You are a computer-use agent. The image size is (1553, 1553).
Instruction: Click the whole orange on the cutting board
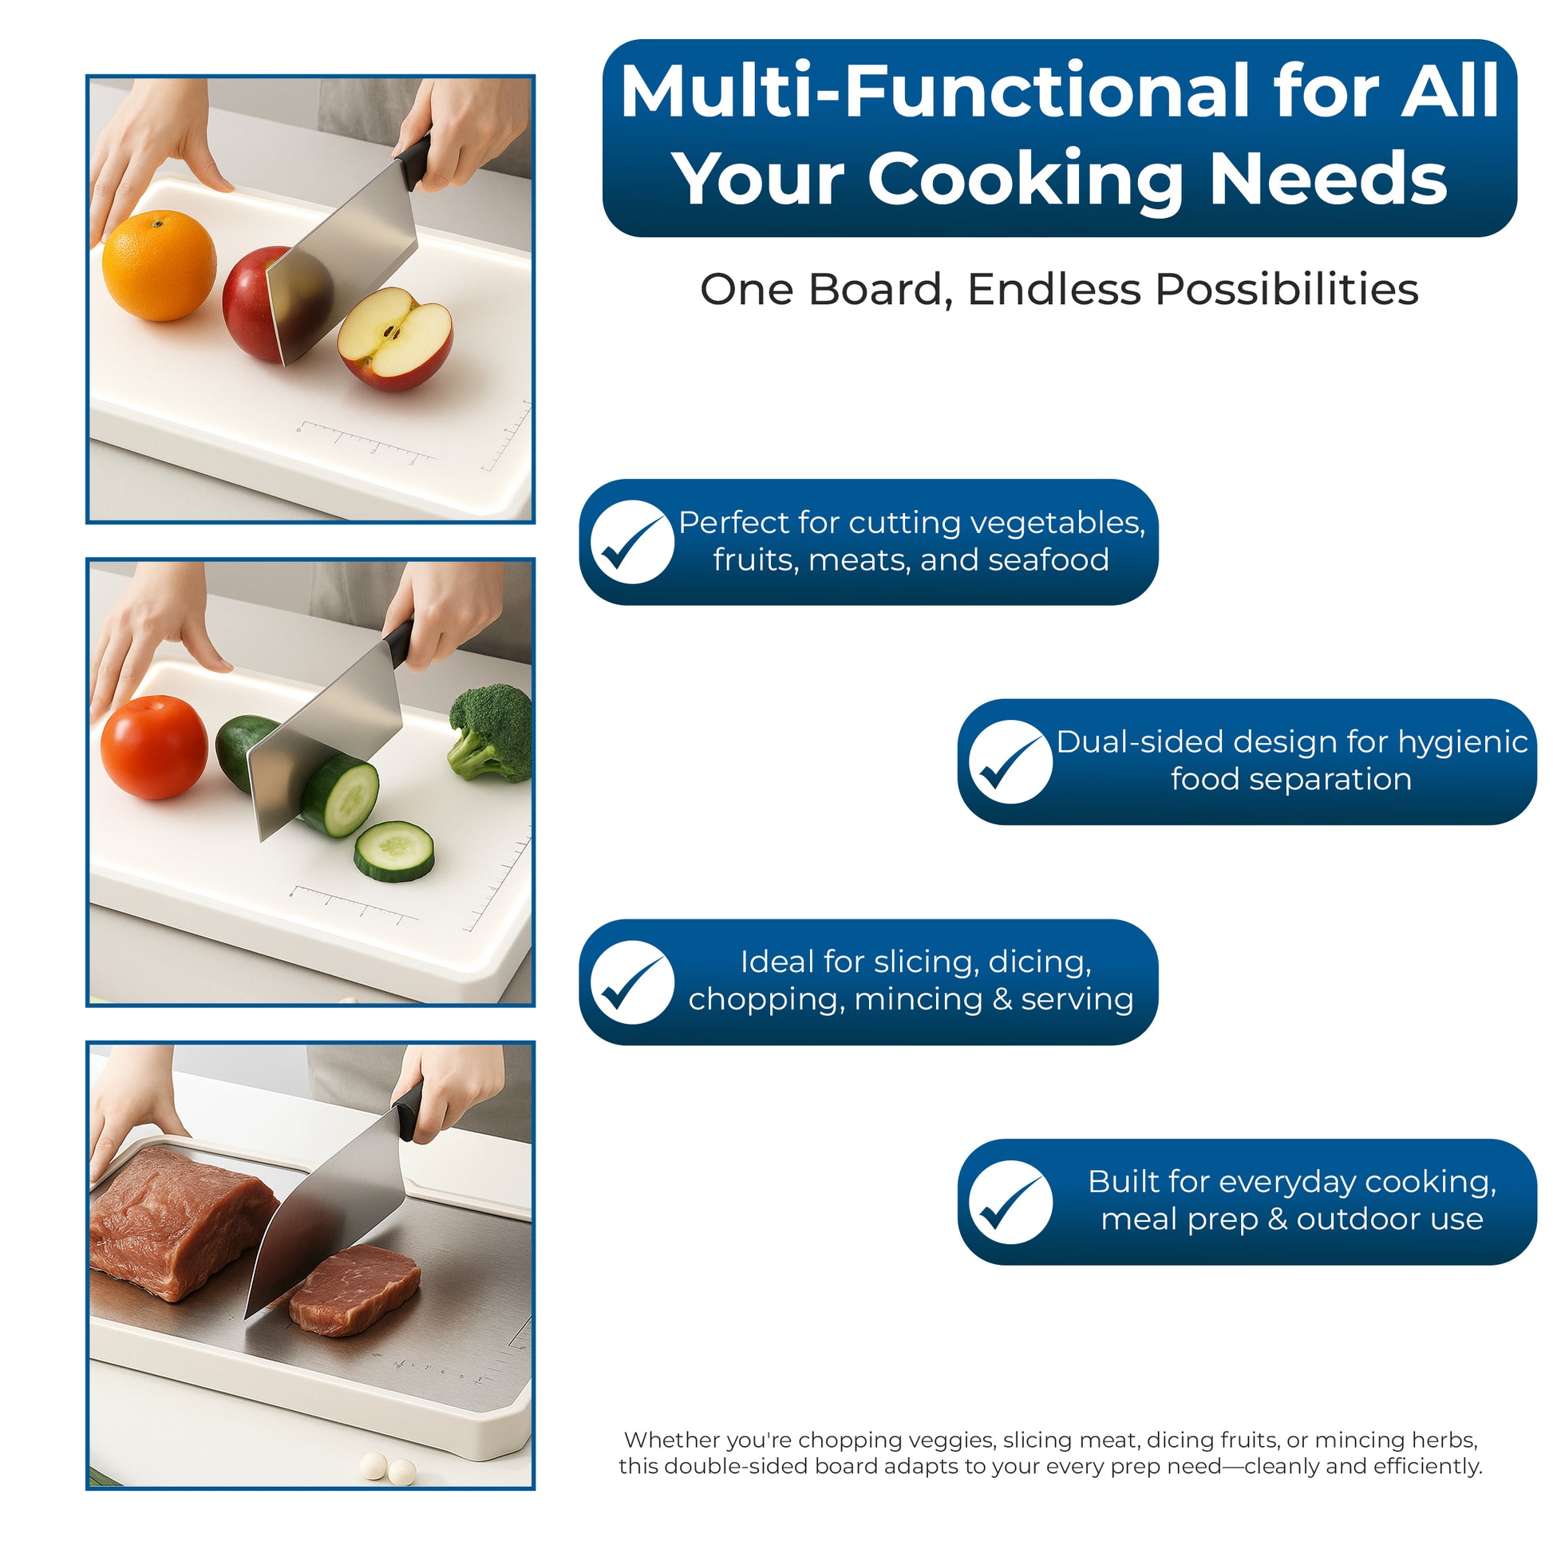[x=159, y=266]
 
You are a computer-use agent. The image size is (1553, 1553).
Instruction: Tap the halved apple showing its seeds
[x=395, y=339]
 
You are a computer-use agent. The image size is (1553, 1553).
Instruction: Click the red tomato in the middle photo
[x=153, y=748]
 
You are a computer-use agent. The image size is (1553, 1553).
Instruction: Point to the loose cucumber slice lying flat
[x=394, y=852]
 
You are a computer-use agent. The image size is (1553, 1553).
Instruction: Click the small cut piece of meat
[x=354, y=1290]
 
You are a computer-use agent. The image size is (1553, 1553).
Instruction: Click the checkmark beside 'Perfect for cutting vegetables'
[x=632, y=542]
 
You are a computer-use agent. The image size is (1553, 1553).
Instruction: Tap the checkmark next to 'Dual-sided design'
[x=1010, y=761]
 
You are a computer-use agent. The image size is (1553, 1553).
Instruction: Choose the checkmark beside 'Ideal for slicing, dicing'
[x=632, y=982]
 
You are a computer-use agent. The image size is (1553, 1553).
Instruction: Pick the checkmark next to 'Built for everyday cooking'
[x=1010, y=1202]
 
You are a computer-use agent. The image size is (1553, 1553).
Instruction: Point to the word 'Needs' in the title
[x=1329, y=179]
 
